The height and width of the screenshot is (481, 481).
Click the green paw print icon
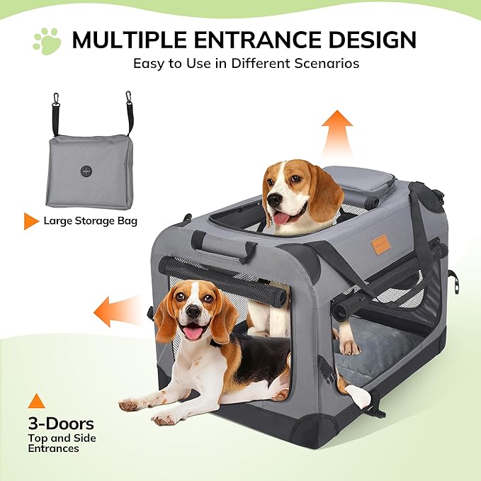coord(46,41)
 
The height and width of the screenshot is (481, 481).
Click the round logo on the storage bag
coord(87,172)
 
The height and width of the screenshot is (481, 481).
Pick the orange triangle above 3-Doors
coord(35,401)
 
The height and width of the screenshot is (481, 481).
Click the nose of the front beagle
coord(193,312)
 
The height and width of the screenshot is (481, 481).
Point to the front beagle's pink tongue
coord(193,332)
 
